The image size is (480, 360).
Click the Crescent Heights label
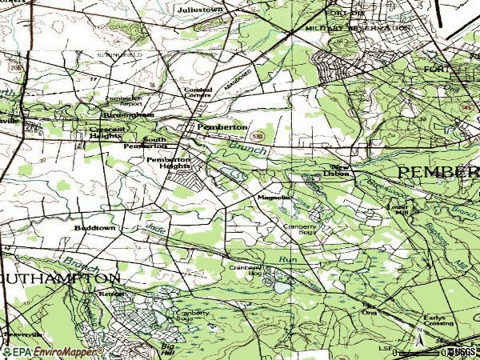tap(107, 132)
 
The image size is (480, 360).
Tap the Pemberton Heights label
tap(169, 162)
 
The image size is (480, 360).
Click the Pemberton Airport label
tap(123, 102)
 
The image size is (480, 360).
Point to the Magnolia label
tap(272, 197)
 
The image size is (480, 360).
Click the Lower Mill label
tap(398, 210)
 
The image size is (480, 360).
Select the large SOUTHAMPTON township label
tap(60, 278)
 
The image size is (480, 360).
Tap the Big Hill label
tap(167, 348)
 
